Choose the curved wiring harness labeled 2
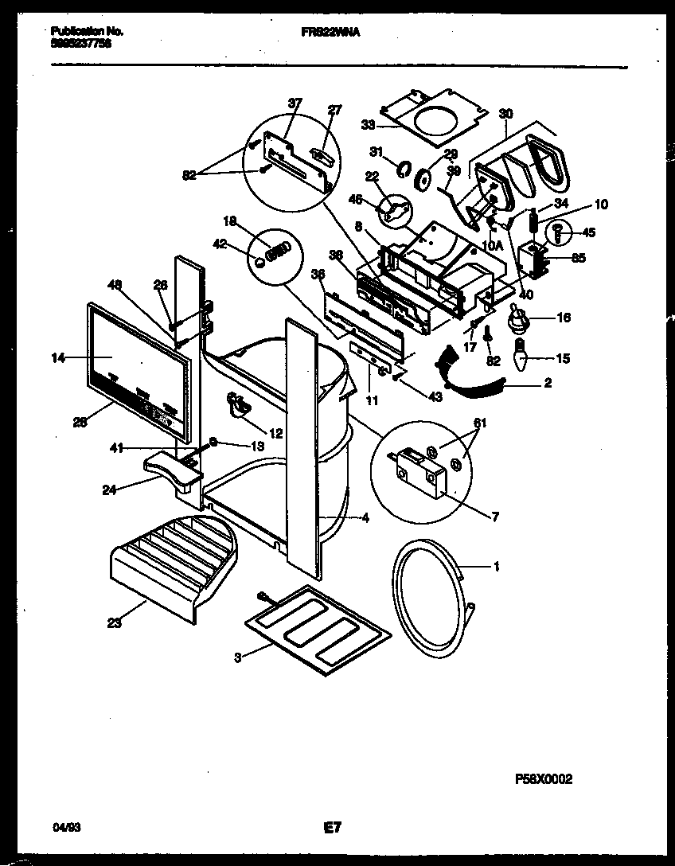[x=473, y=380]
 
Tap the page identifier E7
[x=333, y=828]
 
